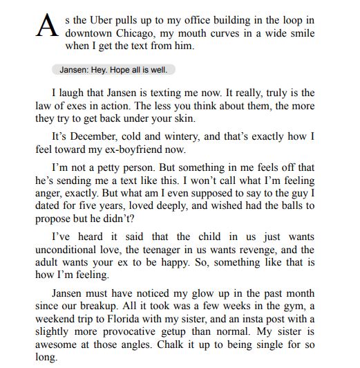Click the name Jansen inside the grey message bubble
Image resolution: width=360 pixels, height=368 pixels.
[73, 70]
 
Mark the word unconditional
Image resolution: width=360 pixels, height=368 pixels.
[68, 250]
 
